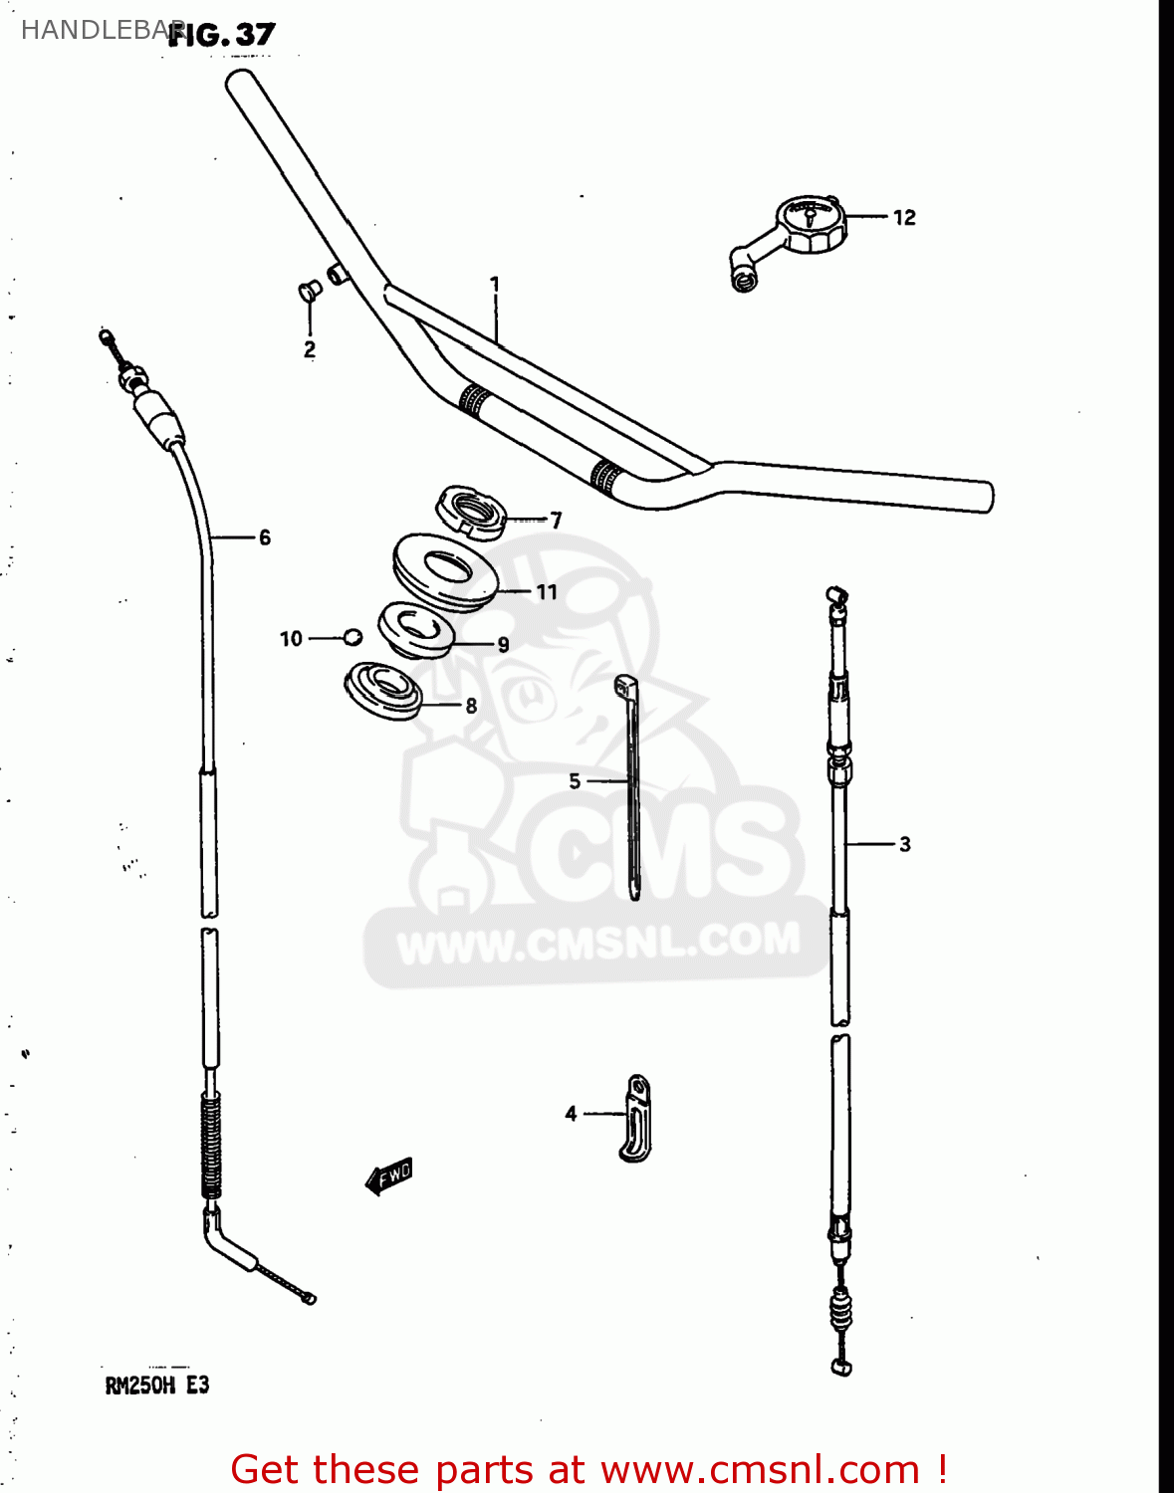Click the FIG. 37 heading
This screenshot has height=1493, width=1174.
click(x=221, y=35)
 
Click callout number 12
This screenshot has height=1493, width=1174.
click(x=904, y=217)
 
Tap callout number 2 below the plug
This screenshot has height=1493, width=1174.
click(x=310, y=349)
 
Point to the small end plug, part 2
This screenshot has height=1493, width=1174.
click(x=309, y=291)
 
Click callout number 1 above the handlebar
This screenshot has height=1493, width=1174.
click(x=495, y=285)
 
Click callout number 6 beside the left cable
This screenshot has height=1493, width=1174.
click(x=265, y=537)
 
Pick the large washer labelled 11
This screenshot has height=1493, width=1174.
click(x=445, y=570)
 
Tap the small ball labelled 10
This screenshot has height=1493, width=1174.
click(x=352, y=637)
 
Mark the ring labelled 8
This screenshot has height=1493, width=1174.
click(x=383, y=689)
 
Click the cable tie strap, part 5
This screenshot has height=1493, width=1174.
click(x=632, y=786)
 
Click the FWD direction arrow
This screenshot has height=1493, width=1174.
click(x=389, y=1175)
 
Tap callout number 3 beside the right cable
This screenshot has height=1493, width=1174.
click(x=904, y=844)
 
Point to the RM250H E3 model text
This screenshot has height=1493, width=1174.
click(x=157, y=1385)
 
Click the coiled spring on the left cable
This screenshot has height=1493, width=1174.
click(x=211, y=1145)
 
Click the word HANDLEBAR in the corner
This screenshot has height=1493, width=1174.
click(x=95, y=30)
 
